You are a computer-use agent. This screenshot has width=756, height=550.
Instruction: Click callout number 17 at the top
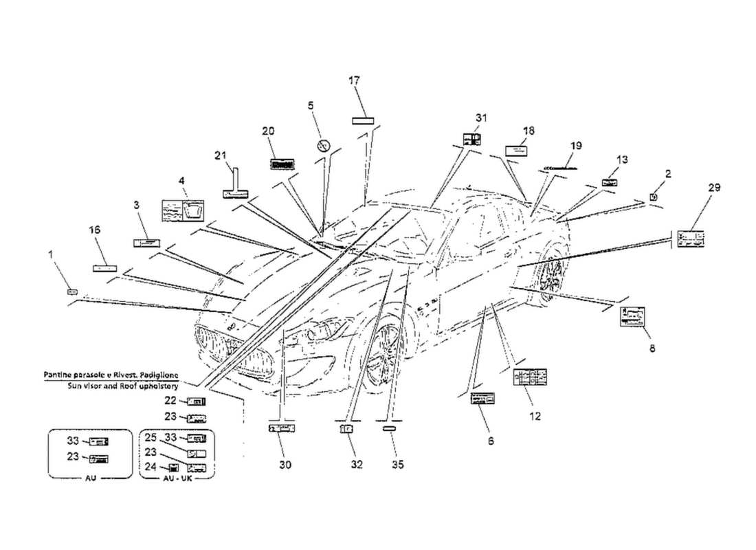pyautogui.click(x=354, y=81)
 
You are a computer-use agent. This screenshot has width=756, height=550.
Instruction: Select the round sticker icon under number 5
pyautogui.click(x=324, y=145)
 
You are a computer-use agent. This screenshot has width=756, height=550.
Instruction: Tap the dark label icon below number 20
pyautogui.click(x=282, y=164)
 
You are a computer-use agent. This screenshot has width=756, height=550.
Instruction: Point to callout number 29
pyautogui.click(x=714, y=188)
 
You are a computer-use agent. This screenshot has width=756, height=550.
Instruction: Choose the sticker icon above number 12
pyautogui.click(x=530, y=377)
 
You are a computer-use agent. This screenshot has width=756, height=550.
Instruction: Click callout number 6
pyautogui.click(x=491, y=441)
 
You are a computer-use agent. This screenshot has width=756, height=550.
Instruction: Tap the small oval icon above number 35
pyautogui.click(x=390, y=428)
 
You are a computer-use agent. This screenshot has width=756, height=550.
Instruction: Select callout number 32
pyautogui.click(x=356, y=465)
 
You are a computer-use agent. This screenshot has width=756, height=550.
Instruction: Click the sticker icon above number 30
pyautogui.click(x=282, y=428)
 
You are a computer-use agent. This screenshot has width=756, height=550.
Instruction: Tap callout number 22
pyautogui.click(x=170, y=400)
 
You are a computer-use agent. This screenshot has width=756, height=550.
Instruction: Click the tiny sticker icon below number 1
pyautogui.click(x=72, y=292)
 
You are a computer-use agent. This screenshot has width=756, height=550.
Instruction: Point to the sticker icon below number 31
pyautogui.click(x=471, y=140)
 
